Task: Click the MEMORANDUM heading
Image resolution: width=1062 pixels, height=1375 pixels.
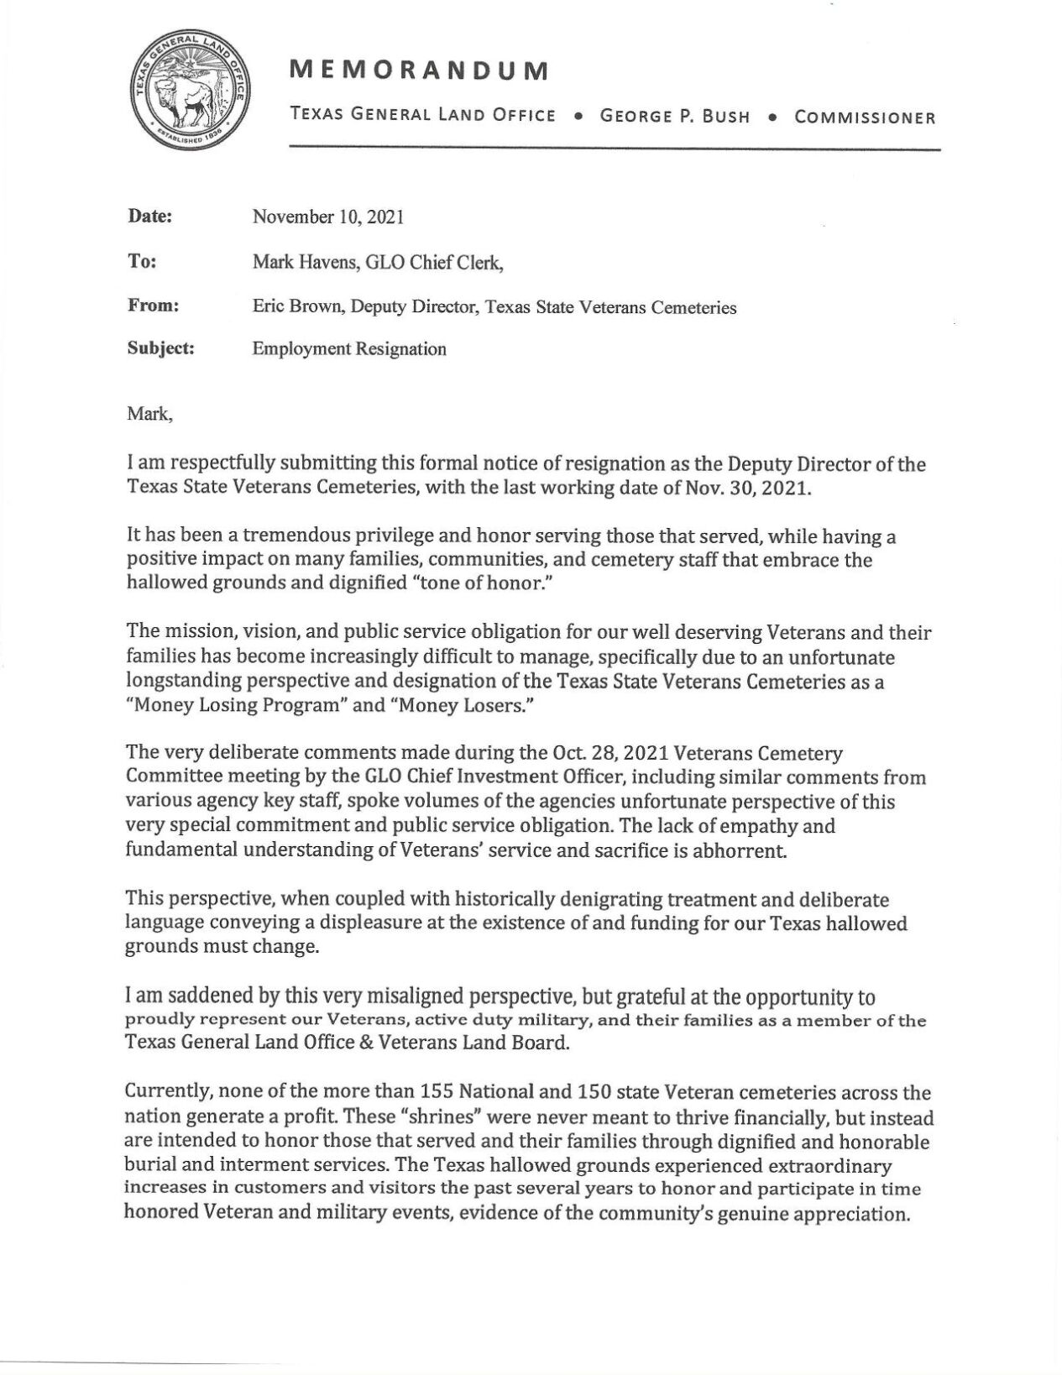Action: [419, 71]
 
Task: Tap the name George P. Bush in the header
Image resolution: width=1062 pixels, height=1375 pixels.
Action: [675, 117]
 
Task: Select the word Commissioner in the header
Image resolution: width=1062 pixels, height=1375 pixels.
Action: [865, 118]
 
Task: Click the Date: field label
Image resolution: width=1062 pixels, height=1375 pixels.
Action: [149, 217]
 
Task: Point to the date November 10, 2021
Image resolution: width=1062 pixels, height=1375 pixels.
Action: [328, 217]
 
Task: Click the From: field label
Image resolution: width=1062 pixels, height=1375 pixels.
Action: [153, 306]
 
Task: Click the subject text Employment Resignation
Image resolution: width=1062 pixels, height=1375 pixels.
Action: [349, 349]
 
